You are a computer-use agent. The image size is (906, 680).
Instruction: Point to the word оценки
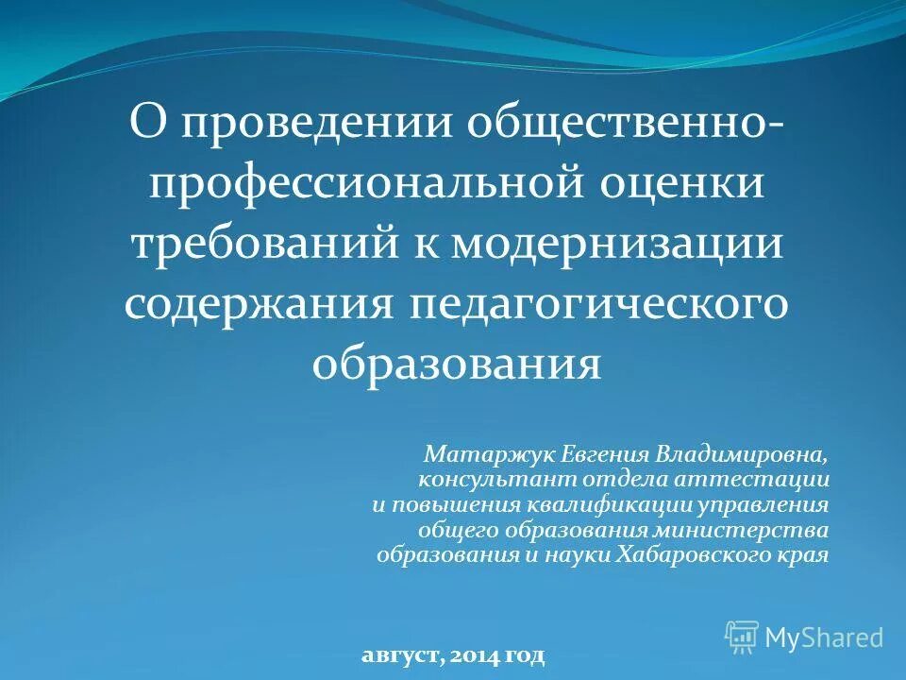pos(682,183)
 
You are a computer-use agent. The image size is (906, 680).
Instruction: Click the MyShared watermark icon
pos(742,636)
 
